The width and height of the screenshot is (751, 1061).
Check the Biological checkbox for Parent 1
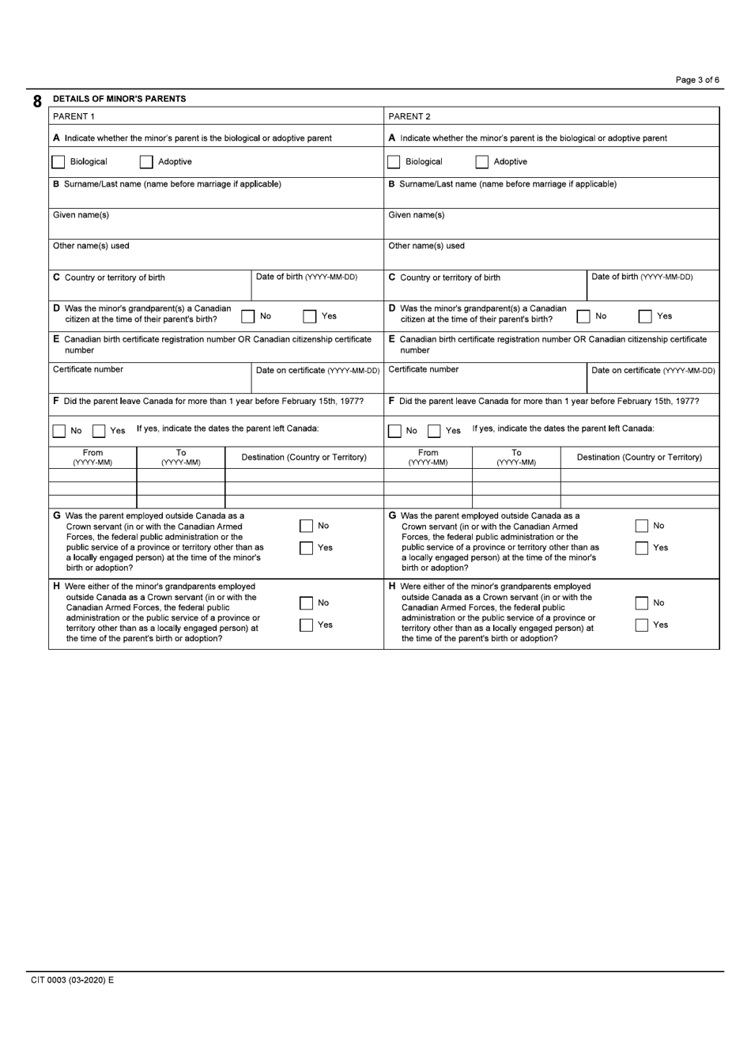58,162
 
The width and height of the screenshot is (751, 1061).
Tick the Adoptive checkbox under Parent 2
482,162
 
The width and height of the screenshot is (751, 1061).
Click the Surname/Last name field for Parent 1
216,198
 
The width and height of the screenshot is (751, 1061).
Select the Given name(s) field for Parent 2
551,228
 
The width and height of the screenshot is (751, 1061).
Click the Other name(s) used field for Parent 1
216,259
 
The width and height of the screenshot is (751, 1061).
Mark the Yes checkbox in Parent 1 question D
310,316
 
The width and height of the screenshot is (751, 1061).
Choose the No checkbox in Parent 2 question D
583,316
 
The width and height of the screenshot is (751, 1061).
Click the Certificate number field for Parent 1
149,383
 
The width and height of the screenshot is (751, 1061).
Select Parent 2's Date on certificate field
652,383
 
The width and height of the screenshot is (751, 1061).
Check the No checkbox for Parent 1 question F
58,431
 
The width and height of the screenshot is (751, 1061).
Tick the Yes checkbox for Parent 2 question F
434,431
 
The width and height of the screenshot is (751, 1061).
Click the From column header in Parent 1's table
92,457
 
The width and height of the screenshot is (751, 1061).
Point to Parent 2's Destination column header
639,457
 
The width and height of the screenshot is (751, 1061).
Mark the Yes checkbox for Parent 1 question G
307,548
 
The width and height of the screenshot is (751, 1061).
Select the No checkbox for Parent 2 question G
643,526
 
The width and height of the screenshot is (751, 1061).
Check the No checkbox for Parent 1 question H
307,603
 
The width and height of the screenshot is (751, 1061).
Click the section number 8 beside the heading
37,102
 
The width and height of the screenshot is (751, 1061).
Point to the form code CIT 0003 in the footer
72,980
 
